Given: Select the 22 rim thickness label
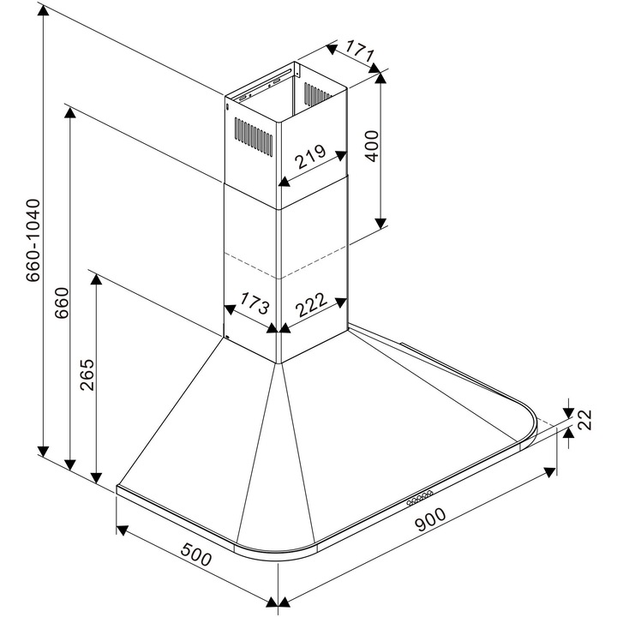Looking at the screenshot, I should click(586, 420).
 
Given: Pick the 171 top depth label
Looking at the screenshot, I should click(361, 52).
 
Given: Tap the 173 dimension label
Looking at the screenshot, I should click(255, 303).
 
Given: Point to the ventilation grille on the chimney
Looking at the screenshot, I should click(254, 135).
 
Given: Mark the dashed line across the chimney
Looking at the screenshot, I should click(283, 266).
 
